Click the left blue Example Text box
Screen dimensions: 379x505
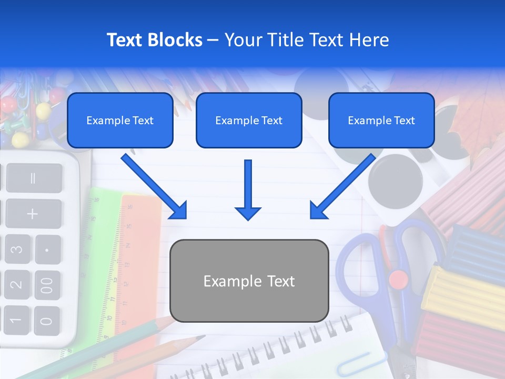tap(120, 121)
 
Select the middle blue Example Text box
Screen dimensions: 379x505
tap(249, 121)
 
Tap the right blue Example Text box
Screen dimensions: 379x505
tap(381, 121)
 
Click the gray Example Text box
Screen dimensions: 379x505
tap(249, 281)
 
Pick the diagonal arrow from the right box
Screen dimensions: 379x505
tap(342, 187)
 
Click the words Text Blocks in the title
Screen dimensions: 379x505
tap(154, 40)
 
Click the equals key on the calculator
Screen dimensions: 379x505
tap(33, 178)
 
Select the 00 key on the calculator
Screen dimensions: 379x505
tap(47, 284)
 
